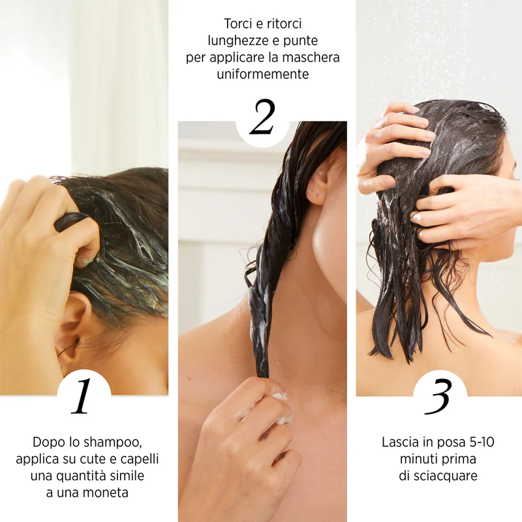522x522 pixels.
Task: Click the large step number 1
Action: pyautogui.click(x=82, y=395)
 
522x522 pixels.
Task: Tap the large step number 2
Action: pyautogui.click(x=262, y=117)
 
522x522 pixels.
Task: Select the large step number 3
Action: pyautogui.click(x=438, y=397)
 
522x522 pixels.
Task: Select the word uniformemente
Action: pyautogui.click(x=263, y=74)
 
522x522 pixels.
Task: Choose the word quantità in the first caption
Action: pyautogui.click(x=79, y=476)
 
